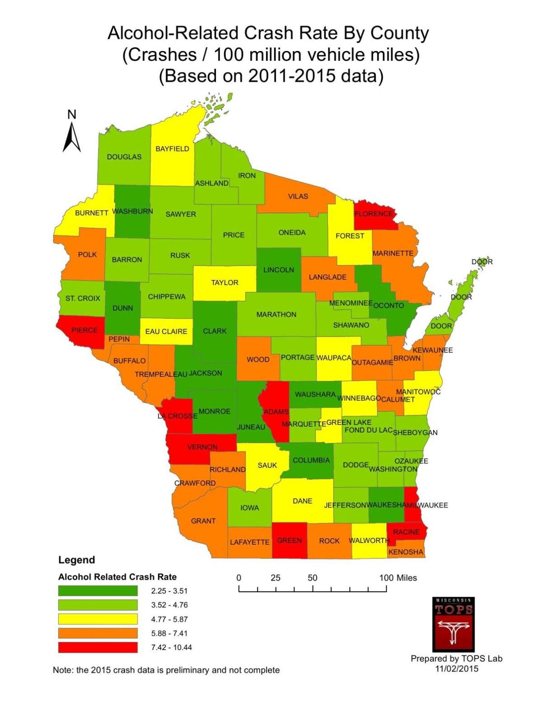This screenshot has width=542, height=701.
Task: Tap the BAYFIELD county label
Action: [x=172, y=149]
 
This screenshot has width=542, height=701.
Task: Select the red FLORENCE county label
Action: [x=374, y=214]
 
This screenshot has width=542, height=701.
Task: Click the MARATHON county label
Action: [x=276, y=314]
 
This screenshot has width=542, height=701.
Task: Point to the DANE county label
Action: [x=302, y=501]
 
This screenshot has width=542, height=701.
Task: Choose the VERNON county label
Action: [x=202, y=447]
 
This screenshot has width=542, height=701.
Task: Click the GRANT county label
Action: [x=203, y=520]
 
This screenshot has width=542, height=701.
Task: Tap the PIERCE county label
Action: [x=84, y=330]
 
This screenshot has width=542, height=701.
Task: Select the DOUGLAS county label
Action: [x=124, y=157]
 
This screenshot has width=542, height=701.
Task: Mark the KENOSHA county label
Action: [x=406, y=552]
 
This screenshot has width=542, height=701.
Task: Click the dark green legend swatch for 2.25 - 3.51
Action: [x=98, y=590]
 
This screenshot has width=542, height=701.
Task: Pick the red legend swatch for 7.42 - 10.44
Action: [x=98, y=647]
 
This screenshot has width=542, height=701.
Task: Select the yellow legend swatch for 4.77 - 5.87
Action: [x=98, y=619]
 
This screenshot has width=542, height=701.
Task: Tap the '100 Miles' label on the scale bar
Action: [x=398, y=578]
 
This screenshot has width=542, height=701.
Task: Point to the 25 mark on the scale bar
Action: [x=276, y=578]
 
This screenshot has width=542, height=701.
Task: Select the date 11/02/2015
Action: [x=456, y=669]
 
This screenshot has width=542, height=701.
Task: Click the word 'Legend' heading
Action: [x=77, y=560]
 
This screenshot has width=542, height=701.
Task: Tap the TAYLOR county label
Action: [x=224, y=283]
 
